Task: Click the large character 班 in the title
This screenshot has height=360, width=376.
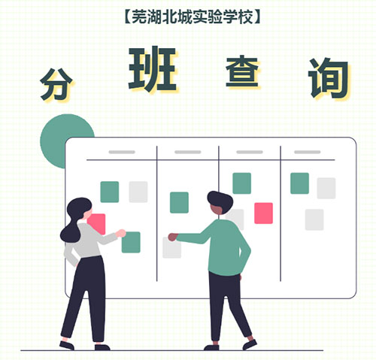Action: pos(153,69)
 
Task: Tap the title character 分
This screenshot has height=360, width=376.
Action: pos(56,84)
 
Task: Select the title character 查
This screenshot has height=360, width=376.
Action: pos(242,72)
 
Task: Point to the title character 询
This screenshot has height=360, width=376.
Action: pos(329,78)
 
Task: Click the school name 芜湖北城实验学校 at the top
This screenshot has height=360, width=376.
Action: pos(193,17)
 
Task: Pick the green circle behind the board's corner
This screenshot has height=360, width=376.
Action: pos(62,141)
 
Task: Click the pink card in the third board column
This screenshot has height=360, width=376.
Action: pos(263,213)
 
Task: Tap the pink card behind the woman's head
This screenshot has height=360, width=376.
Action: pos(98,223)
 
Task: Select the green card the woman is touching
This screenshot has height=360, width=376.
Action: pos(131,242)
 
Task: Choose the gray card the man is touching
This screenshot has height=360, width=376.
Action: pos(172,248)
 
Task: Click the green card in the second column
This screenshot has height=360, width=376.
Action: pos(179,202)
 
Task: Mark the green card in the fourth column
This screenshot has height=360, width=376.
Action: pos(299,183)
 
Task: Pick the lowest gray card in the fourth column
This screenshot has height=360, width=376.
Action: pos(314,219)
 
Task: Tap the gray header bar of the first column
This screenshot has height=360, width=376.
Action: pos(122,152)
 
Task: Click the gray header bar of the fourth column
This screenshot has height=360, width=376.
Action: pos(308,152)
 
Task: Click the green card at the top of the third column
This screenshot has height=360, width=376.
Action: pos(242,183)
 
